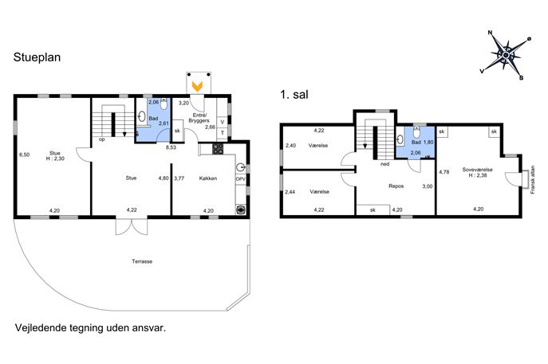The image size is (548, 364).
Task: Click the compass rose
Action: point(506,55)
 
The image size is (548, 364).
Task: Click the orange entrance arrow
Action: point(198,86)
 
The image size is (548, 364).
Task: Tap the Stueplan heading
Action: point(37,57)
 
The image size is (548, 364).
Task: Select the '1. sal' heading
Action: point(294,95)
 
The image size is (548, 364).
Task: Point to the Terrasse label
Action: point(142,261)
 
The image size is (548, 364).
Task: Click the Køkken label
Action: point(208,178)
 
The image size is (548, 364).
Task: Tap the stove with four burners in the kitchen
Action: point(218,149)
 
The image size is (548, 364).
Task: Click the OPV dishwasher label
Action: point(240,178)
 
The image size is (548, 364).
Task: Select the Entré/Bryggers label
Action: point(199,118)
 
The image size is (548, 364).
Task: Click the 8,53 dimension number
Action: point(171,147)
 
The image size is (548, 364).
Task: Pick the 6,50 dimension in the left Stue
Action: point(25,155)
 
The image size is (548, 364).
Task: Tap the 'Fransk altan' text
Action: point(533,179)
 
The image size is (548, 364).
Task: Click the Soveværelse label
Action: point(477,170)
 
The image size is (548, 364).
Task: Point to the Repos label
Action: point(396,186)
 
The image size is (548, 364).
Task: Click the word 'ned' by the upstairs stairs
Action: point(384,164)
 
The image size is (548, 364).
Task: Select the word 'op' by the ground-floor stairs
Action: point(102,139)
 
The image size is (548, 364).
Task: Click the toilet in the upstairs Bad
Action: point(416,133)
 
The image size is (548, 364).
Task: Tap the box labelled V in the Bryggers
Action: point(222,122)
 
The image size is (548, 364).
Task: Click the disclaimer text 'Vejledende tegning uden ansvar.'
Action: point(90,328)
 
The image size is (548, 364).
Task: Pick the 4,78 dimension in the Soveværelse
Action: point(444,172)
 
